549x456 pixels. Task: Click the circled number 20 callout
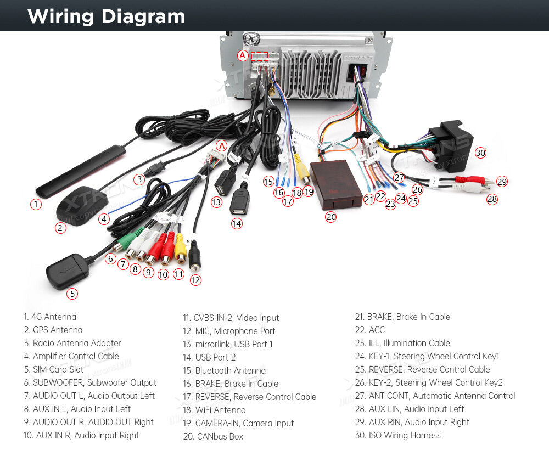331,217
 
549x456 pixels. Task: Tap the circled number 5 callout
72,294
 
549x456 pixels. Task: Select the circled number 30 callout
480,153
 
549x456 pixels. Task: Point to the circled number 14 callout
237,224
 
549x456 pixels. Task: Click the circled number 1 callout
36,204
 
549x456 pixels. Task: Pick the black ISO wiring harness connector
452,147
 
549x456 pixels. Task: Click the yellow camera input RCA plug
302,170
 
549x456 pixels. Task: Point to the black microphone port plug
194,256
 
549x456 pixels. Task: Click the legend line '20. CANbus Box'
213,436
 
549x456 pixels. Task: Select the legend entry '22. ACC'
369,330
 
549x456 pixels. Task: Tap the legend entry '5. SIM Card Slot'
54,369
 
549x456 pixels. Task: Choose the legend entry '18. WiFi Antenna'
214,410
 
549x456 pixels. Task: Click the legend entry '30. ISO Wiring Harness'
397,435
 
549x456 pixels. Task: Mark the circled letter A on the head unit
242,55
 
